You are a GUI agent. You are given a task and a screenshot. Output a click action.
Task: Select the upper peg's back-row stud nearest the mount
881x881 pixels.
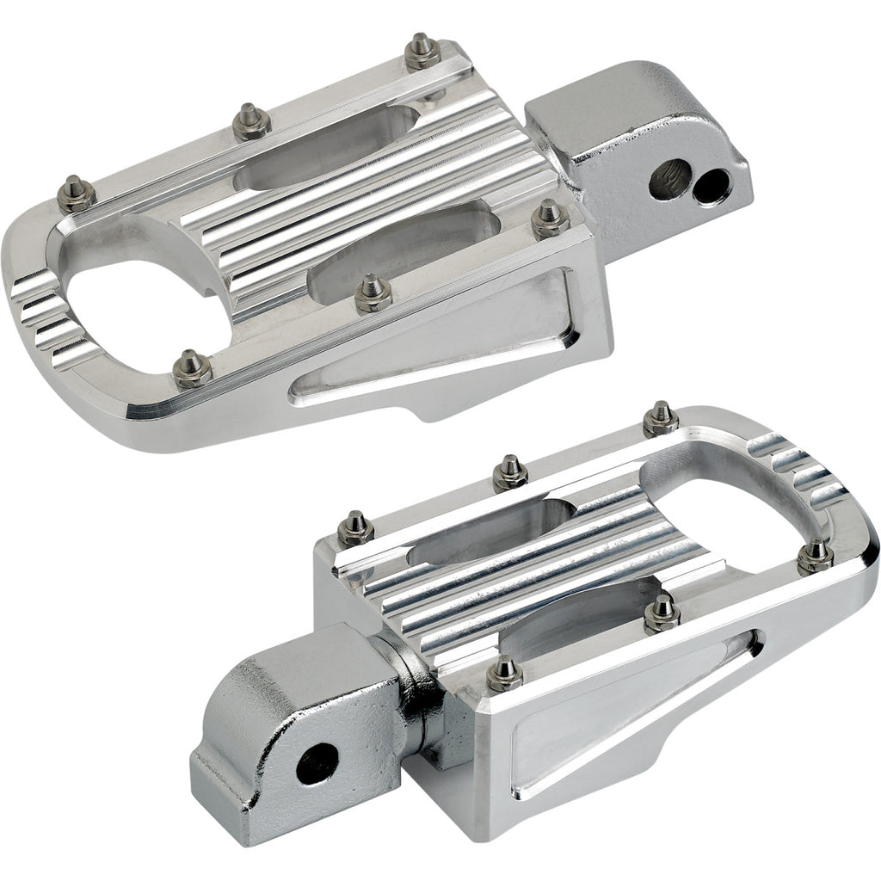coord(422,52)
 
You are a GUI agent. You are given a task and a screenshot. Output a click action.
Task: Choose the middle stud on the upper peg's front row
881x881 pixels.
coord(371,294)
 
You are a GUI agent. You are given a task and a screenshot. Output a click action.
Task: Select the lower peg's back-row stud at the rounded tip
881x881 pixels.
coord(660,417)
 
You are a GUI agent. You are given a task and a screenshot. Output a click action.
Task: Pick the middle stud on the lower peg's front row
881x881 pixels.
coord(661,612)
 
